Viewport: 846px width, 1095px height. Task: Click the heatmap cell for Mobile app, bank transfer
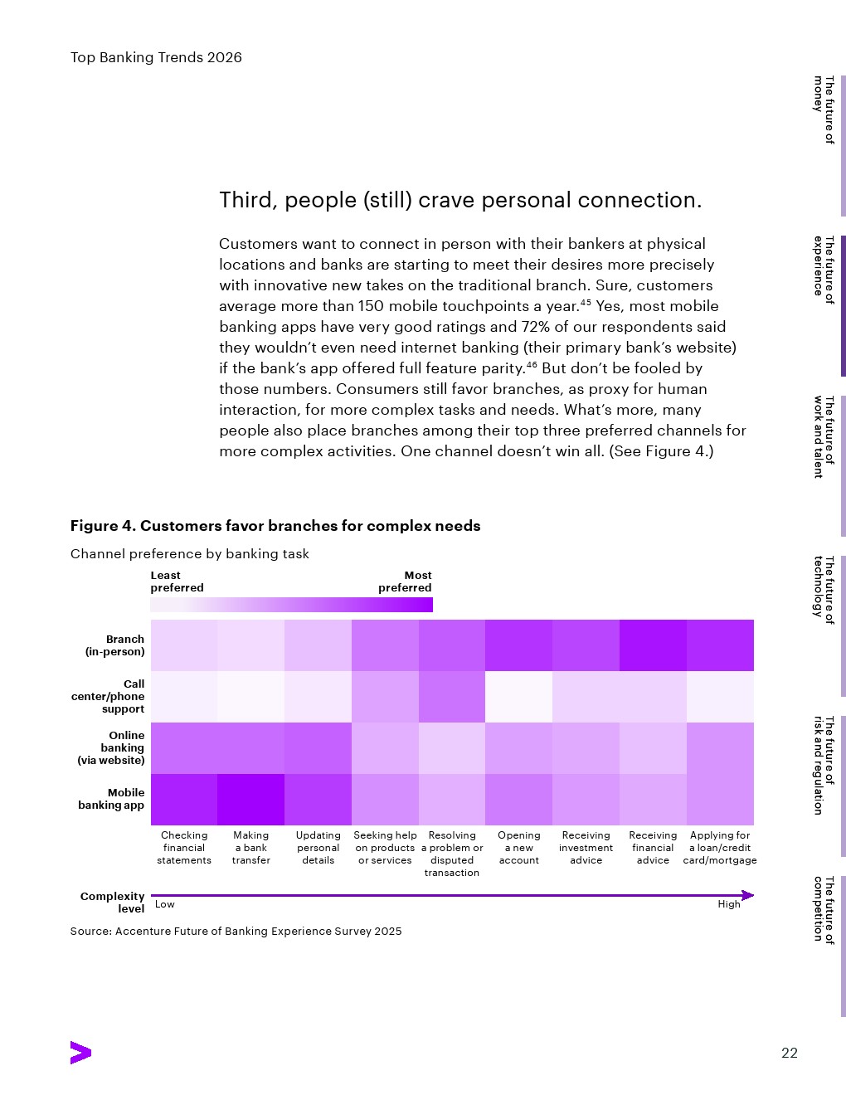click(x=250, y=799)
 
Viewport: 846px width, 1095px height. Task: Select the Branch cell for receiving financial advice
click(x=653, y=645)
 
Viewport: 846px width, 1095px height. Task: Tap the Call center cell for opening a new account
click(x=518, y=697)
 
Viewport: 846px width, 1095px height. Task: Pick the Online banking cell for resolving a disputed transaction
click(x=452, y=747)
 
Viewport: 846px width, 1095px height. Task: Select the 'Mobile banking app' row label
click(x=111, y=799)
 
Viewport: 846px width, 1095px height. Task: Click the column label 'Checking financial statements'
click(x=184, y=848)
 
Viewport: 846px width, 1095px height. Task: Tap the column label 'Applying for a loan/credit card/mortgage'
click(x=720, y=848)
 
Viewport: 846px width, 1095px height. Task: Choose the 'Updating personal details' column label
click(x=318, y=848)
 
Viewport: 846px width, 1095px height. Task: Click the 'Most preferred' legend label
click(x=406, y=582)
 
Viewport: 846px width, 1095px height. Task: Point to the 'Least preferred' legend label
click(x=177, y=582)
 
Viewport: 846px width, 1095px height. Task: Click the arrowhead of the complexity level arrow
click(x=748, y=895)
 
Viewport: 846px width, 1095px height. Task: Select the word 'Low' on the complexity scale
click(x=165, y=904)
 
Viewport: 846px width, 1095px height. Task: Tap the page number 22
click(x=790, y=1054)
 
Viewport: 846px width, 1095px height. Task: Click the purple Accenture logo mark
click(x=80, y=1053)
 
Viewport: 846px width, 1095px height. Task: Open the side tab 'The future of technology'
click(x=823, y=589)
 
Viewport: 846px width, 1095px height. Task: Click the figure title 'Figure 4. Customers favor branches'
click(x=275, y=526)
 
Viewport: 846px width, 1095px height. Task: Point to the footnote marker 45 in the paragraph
click(x=586, y=302)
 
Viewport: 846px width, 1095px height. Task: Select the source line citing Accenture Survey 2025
click(x=236, y=932)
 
